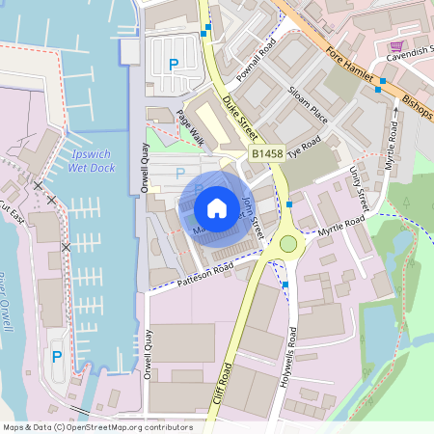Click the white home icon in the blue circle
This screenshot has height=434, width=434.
[x=217, y=207]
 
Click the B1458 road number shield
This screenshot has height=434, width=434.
[x=269, y=153]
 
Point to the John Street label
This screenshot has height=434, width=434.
[x=252, y=213]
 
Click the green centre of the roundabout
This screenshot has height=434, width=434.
[x=287, y=245]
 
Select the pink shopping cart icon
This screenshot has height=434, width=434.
[x=395, y=45]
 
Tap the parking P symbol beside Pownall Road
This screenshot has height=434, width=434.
[x=174, y=65]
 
